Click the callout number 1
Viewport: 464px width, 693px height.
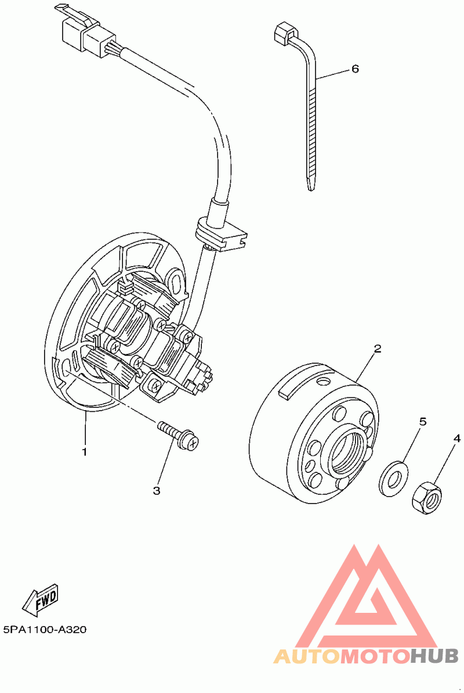click(x=84, y=451)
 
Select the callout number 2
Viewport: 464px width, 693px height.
click(x=377, y=349)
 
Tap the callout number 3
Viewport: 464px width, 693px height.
click(x=156, y=491)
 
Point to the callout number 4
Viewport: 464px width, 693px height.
click(x=457, y=438)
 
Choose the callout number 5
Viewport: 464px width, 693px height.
click(x=423, y=421)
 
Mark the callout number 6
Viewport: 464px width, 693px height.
click(x=355, y=69)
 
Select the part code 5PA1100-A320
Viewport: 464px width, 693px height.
click(x=45, y=630)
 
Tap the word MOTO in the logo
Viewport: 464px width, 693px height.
click(x=374, y=656)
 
